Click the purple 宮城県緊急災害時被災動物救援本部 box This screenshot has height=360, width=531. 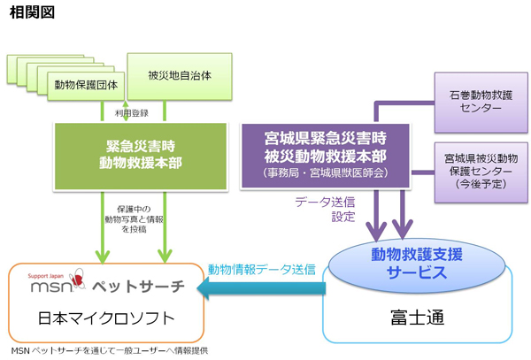tap(326, 154)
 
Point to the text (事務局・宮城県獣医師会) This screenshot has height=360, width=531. tap(326, 173)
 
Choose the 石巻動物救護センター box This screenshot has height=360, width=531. tap(481, 100)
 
